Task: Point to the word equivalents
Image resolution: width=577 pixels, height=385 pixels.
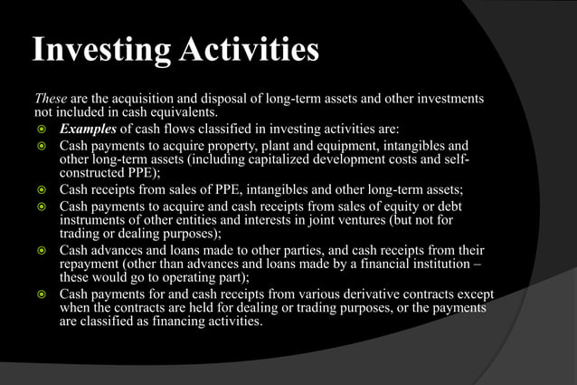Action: [190, 113]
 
